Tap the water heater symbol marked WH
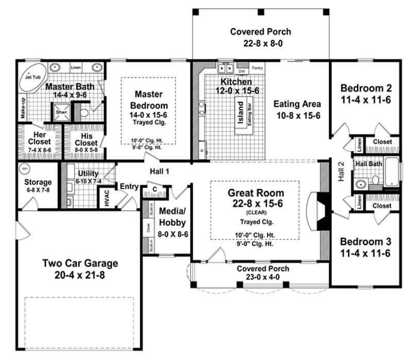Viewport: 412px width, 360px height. tap(24, 168)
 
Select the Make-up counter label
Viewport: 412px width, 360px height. tap(23, 108)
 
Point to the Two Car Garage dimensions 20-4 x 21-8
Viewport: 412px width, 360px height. tap(80, 275)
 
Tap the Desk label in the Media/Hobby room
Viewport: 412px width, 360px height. tap(148, 228)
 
